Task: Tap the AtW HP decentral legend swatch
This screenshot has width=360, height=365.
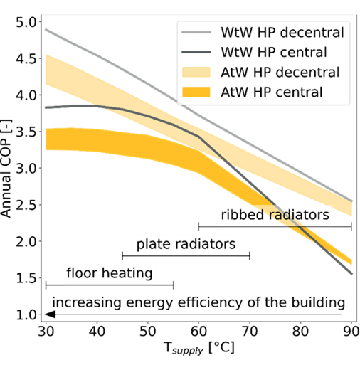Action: coord(196,72)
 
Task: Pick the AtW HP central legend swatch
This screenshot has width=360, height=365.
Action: coord(196,92)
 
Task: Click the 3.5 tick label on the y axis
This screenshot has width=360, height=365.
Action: coord(26,132)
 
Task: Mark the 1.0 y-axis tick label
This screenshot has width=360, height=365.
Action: coord(26,314)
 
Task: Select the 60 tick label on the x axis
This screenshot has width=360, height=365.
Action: coord(198,331)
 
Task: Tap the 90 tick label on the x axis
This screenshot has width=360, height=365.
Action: coord(351,331)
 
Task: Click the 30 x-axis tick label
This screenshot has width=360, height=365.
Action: coord(46,331)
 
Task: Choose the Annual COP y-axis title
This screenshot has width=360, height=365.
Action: coord(6,168)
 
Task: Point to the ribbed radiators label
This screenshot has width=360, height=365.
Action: coord(275,215)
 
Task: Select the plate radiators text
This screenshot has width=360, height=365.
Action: coord(186,244)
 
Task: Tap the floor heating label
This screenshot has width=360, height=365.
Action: coord(110,273)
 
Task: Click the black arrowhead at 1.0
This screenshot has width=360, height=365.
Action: coord(51,314)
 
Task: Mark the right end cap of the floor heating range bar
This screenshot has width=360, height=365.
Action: coord(174,285)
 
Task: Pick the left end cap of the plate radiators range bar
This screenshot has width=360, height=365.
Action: coord(122,256)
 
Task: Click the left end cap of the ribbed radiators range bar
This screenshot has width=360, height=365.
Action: coord(198,227)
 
